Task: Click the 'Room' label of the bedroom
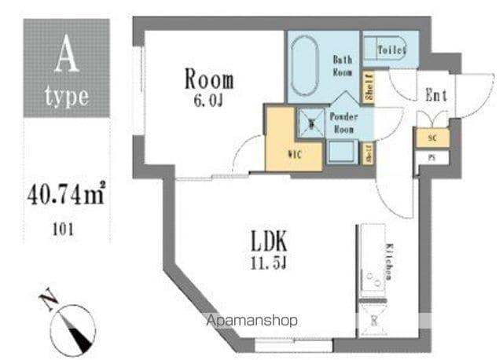[209, 79]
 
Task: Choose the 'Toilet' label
[391, 51]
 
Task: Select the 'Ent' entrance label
[435, 96]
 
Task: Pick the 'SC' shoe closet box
[431, 138]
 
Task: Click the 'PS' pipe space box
[431, 157]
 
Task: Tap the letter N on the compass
[47, 299]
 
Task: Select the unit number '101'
[66, 230]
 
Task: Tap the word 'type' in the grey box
[66, 99]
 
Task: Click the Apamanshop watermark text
[251, 321]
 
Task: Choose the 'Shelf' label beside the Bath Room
[368, 86]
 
